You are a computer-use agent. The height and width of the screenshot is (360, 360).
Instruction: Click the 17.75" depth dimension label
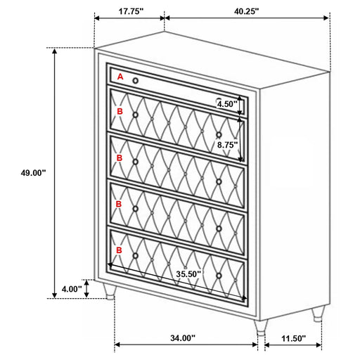(x=131, y=11)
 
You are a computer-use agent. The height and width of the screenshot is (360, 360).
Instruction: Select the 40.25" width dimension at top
(x=246, y=11)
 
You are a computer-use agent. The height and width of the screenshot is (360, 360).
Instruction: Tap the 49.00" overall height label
(x=33, y=173)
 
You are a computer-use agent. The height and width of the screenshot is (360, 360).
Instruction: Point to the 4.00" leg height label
(x=72, y=289)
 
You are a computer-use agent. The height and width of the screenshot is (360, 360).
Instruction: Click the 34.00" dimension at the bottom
(x=183, y=338)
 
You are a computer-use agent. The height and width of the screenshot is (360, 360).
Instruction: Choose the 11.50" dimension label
(x=293, y=338)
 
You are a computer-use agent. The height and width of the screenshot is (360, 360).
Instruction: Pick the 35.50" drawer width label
(x=188, y=274)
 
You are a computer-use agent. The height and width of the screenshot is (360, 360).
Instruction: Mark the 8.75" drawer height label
(x=227, y=145)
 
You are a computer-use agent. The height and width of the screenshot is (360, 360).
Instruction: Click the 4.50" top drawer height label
(x=227, y=104)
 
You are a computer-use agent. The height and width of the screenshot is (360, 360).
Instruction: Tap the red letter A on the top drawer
(x=120, y=77)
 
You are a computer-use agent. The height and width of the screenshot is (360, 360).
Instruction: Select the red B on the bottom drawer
(x=119, y=250)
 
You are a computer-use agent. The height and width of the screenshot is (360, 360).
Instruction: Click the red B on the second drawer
(x=120, y=111)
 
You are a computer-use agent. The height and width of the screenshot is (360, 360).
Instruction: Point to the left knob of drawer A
(x=136, y=81)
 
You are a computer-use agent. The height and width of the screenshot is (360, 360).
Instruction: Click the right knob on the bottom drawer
(x=219, y=276)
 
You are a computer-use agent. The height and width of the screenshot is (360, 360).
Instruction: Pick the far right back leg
(x=318, y=314)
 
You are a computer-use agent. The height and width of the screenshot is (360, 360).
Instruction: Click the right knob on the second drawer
(x=219, y=135)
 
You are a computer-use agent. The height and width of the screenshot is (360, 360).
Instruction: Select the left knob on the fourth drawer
(x=136, y=209)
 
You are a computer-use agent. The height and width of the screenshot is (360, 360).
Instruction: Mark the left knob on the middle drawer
(x=136, y=162)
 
